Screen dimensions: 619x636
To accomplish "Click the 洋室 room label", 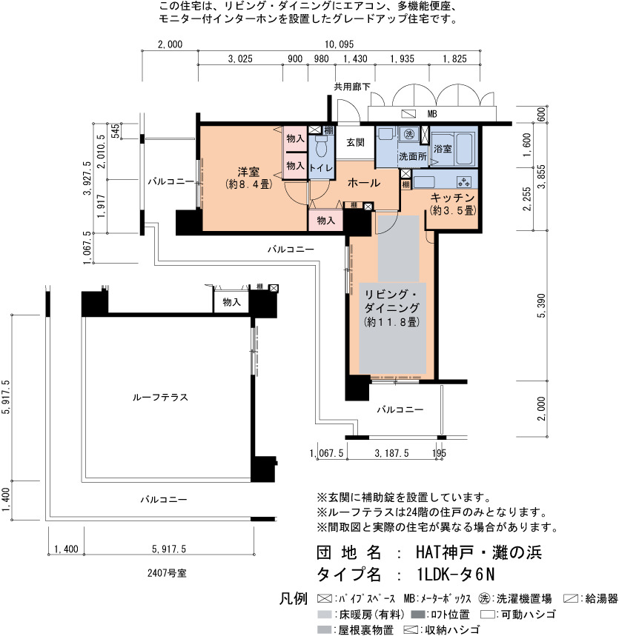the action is tap(248, 172).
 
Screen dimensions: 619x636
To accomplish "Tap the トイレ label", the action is tap(321, 168).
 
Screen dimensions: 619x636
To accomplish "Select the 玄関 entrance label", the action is tap(355, 142).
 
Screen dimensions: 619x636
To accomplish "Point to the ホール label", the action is tap(363, 183).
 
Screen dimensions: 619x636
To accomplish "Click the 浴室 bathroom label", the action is tap(443, 149).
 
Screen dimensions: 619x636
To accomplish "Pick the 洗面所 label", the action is tap(412, 156).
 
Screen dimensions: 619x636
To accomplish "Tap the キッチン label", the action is tap(452, 198).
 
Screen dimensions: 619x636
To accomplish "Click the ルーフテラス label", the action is tap(160, 397).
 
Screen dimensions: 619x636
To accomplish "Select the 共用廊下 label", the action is tap(352, 87).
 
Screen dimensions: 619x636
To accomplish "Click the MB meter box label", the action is tap(431, 114).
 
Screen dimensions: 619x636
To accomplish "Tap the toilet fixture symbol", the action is tap(321, 146).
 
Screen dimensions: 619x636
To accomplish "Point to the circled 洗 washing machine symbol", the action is tap(409, 133).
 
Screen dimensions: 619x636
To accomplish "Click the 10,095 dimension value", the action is tap(339, 44).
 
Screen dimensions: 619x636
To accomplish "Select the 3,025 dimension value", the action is tap(240, 58).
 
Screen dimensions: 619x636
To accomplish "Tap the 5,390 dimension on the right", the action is tap(541, 306).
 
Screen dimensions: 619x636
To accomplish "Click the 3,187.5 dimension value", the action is tap(391, 453).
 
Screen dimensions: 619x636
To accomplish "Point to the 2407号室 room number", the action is tap(167, 573).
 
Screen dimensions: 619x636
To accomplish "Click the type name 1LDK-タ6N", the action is tap(456, 575).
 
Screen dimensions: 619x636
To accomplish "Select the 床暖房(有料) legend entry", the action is tap(361, 614).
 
